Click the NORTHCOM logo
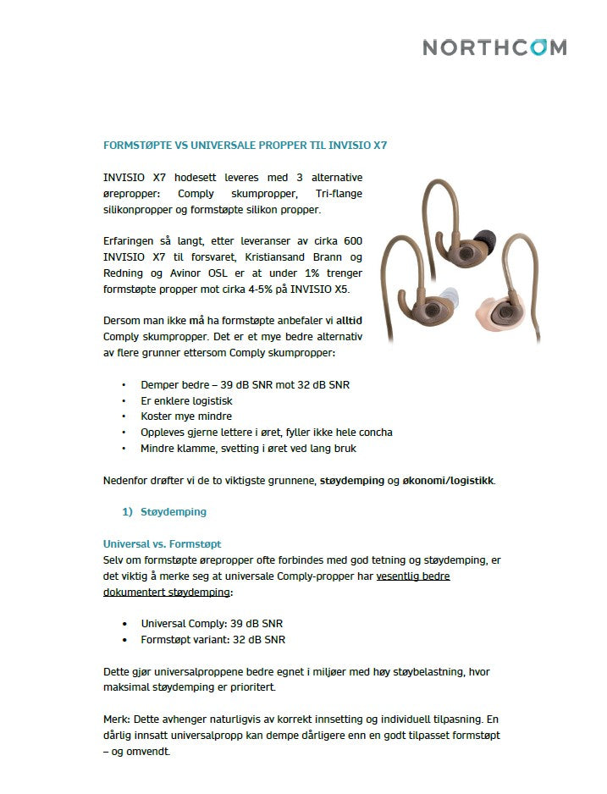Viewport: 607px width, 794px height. tap(494, 47)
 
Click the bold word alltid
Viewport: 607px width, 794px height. tap(349, 322)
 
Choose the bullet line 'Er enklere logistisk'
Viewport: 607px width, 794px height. tap(186, 400)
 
